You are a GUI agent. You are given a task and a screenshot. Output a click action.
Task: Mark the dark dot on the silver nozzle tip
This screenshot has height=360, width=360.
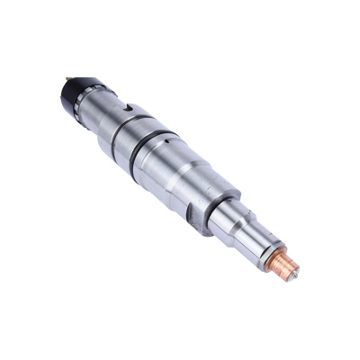pyautogui.click(x=296, y=273)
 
